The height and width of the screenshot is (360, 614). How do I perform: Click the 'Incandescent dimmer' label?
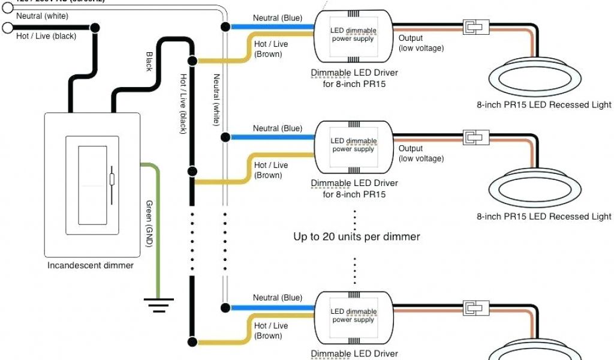tap(91, 265)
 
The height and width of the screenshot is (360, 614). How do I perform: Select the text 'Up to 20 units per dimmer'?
tap(356, 236)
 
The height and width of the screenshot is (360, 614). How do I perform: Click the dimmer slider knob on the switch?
tap(112, 179)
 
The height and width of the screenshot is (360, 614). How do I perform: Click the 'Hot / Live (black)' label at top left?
tap(46, 36)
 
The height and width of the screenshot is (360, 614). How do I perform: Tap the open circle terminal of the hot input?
tap(7, 28)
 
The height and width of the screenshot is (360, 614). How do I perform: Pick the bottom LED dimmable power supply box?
tap(354, 316)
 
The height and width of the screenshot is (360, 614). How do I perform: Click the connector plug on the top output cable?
tap(474, 28)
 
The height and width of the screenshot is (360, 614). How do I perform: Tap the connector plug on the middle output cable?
tap(474, 138)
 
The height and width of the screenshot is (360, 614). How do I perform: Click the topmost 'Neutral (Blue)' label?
tap(277, 18)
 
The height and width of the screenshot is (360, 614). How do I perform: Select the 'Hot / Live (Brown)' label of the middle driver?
tap(270, 170)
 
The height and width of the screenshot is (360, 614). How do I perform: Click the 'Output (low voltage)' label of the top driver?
tap(421, 43)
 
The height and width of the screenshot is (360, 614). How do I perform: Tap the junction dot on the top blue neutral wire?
tap(225, 27)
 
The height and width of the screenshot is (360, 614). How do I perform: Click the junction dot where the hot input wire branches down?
tap(95, 28)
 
